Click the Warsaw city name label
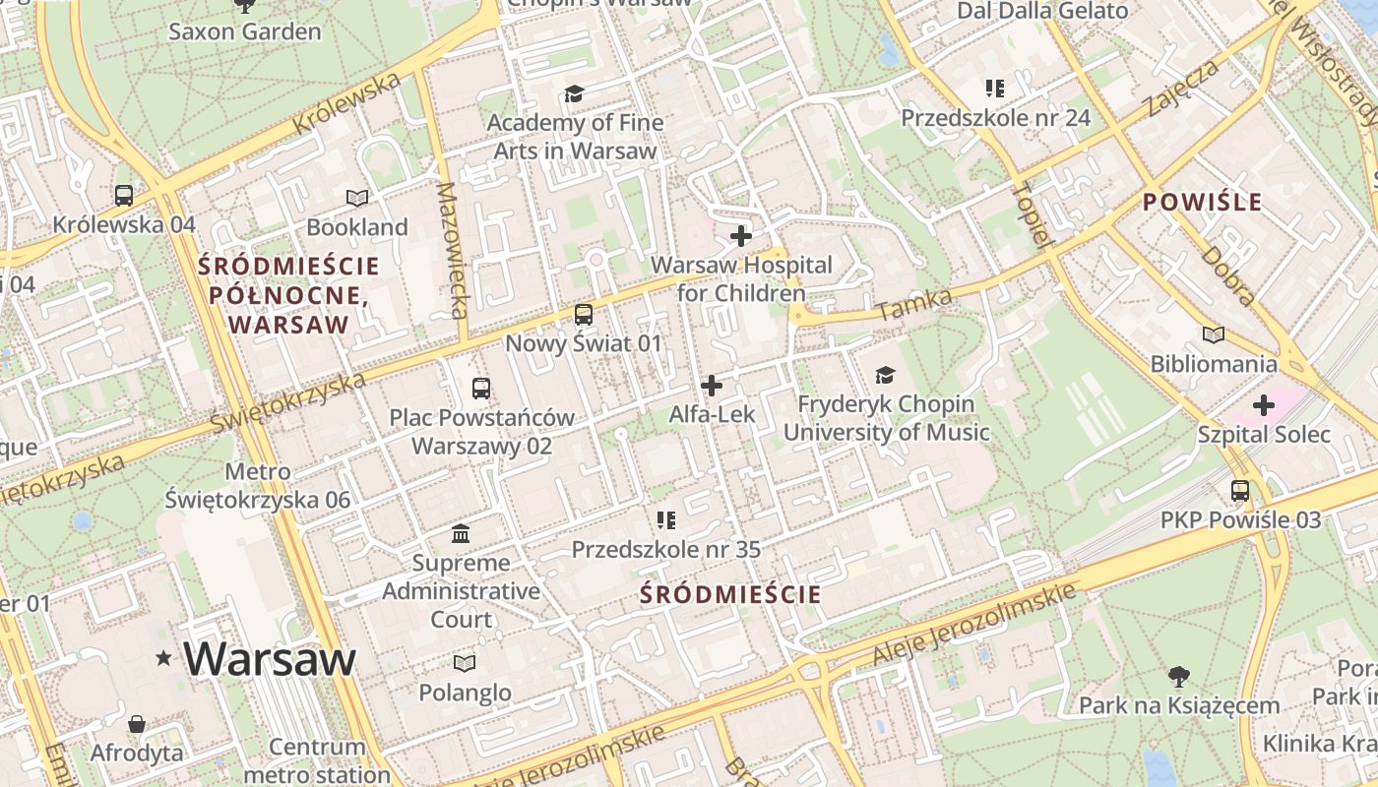[x=269, y=658]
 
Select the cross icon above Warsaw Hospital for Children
[x=741, y=236]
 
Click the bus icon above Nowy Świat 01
[x=584, y=315]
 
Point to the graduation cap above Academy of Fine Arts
[x=574, y=93]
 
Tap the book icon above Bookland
[x=356, y=198]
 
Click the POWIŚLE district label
[x=1202, y=203]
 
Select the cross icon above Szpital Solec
[x=1264, y=405]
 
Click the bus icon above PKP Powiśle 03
[x=1240, y=490]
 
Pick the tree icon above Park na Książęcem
[x=1178, y=676]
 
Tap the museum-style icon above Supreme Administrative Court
[x=461, y=534]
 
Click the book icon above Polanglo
[x=465, y=663]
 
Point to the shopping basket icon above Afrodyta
[x=137, y=724]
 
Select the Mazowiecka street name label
[x=449, y=251]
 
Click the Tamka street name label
[x=914, y=304]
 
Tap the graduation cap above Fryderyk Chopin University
[x=886, y=375]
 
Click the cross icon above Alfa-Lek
[x=712, y=386]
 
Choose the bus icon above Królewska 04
[x=124, y=195]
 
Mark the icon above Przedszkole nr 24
[x=995, y=89]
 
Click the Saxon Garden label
[x=245, y=31]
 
